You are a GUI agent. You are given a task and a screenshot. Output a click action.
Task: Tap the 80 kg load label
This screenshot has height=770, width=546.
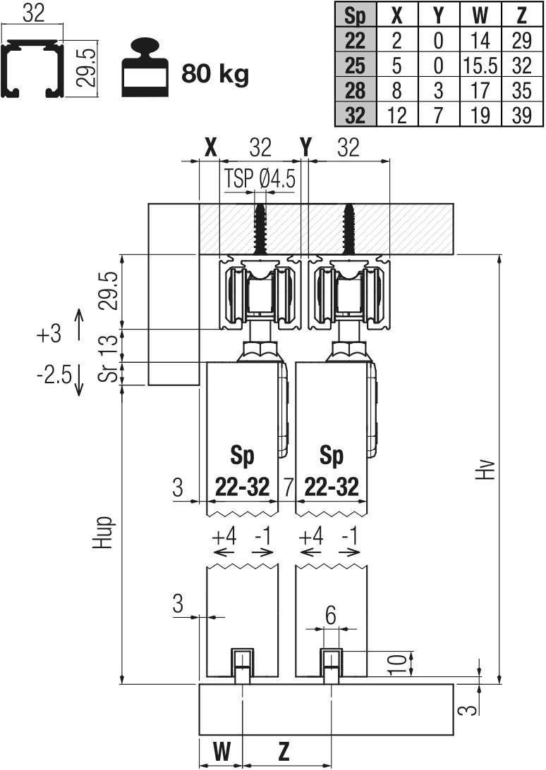pos(215,74)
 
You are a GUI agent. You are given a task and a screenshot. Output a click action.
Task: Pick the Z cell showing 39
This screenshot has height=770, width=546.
pos(521,114)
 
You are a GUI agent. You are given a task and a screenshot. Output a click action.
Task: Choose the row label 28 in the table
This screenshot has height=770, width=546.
pos(355,90)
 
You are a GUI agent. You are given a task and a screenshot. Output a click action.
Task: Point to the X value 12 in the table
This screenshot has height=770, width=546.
pos(398,114)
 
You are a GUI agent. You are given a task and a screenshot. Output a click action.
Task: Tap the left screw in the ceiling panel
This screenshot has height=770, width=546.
pos(260,228)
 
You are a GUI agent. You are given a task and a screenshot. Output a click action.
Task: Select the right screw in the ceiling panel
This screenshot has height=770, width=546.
pos(349,228)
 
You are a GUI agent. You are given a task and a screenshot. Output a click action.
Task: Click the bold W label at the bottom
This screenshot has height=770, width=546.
pos(222,752)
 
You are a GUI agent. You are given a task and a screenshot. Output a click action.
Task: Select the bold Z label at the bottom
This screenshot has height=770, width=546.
pos(284,752)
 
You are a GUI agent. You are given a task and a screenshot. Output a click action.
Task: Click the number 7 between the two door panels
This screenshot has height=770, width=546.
pos(287,486)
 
